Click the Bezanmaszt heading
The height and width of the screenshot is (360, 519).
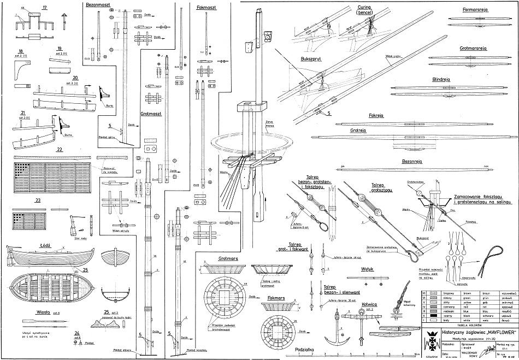click(99, 5)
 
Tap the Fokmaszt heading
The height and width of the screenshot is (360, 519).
click(208, 8)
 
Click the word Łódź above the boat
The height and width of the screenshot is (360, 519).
click(45, 246)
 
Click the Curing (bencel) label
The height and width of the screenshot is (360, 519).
click(361, 10)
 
